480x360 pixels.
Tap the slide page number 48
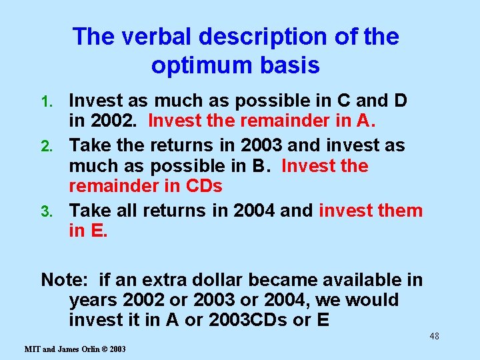click(x=434, y=336)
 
